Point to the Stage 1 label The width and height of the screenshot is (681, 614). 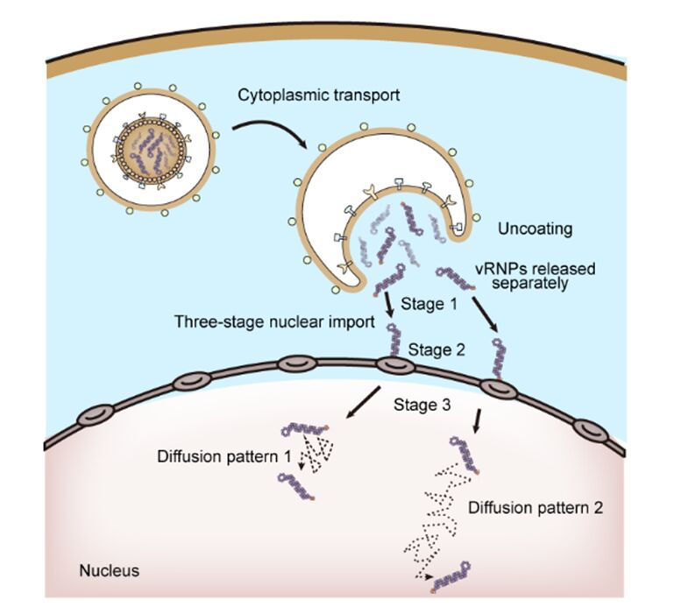(x=425, y=304)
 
